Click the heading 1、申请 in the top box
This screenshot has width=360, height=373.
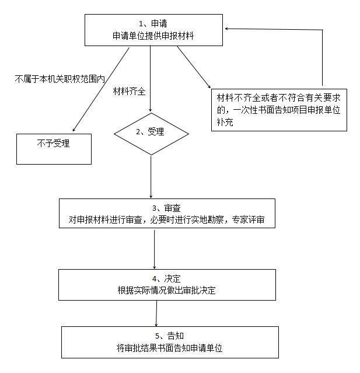pos(153,23)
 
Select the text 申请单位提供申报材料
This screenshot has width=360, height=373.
pos(153,36)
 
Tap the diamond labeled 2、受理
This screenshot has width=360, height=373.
pos(151,134)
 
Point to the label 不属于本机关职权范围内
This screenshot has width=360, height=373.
pos(60,79)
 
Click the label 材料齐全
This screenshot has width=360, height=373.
pos(129,91)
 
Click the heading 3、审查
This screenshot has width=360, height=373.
pos(166,208)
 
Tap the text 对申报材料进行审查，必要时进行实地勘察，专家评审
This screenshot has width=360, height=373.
pos(166,219)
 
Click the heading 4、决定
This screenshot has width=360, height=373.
pos(166,278)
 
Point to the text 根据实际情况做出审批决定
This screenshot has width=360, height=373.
pos(166,291)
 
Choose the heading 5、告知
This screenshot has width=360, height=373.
pos(169,336)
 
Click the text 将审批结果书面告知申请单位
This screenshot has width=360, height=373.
pos(169,348)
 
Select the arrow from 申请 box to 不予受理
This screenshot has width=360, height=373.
pos(101,89)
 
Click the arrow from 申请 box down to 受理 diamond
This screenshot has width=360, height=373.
pos(151,79)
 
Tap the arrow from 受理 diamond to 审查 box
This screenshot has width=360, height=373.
pos(151,177)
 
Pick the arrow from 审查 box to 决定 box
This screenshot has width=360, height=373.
pos(154,249)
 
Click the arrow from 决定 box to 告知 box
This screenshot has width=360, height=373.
pos(156,313)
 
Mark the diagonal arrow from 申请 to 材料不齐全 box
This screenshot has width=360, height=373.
pos(194,67)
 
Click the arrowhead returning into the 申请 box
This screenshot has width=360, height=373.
pos(226,29)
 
